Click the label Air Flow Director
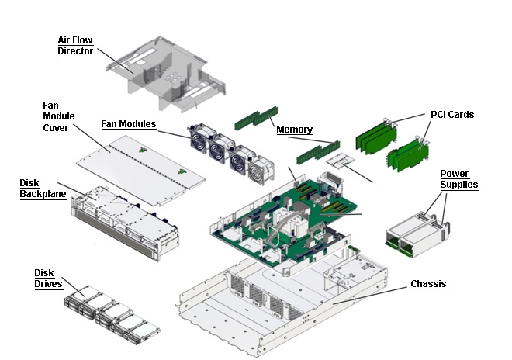pyautogui.click(x=75, y=46)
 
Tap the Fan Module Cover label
pyautogui.click(x=56, y=116)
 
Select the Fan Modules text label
pyautogui.click(x=129, y=124)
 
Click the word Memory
pyautogui.click(x=295, y=130)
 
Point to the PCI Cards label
pyautogui.click(x=452, y=115)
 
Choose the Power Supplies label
pyautogui.click(x=458, y=178)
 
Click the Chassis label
pyautogui.click(x=428, y=285)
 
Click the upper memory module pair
pyautogui.click(x=256, y=118)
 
